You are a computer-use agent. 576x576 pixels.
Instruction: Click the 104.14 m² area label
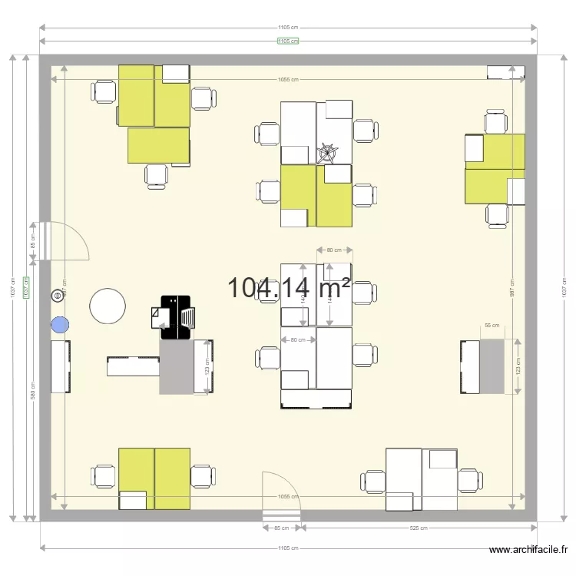click(289, 288)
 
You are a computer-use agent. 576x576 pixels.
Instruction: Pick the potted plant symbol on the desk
click(328, 152)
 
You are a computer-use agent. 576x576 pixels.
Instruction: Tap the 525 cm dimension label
click(419, 528)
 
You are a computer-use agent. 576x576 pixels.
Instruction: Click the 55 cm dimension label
click(492, 326)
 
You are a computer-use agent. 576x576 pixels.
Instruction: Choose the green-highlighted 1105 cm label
click(288, 41)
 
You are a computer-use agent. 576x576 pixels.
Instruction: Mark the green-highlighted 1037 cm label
click(26, 288)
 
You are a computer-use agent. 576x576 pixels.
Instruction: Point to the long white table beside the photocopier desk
click(133, 366)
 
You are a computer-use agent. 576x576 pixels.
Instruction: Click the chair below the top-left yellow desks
click(157, 175)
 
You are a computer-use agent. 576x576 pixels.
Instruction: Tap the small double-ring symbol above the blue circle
click(56, 296)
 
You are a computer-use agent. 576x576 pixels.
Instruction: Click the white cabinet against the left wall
click(61, 366)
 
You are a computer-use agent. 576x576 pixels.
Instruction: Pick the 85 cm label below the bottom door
click(281, 528)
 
